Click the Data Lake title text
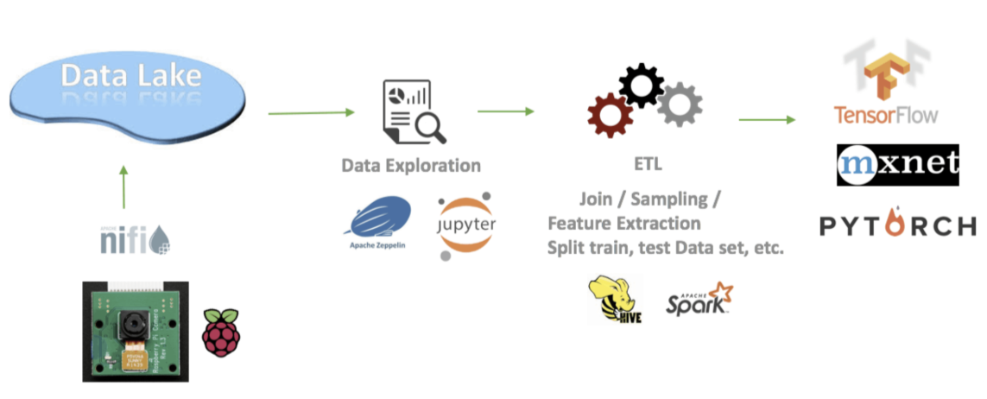click(130, 75)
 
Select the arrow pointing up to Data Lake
click(123, 187)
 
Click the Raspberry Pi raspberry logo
click(220, 332)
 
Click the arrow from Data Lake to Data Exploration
click(311, 112)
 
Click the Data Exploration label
click(411, 165)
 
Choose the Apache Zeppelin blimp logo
click(381, 218)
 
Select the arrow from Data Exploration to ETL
click(505, 111)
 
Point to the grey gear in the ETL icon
click(679, 103)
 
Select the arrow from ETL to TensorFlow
click(766, 119)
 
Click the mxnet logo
click(897, 165)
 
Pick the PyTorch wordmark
click(897, 226)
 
